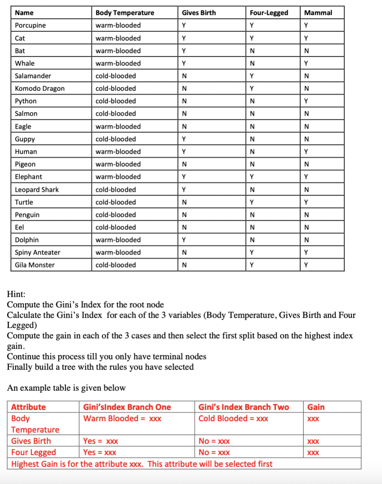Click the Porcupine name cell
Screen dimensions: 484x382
click(31, 25)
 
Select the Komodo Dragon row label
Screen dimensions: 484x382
click(40, 89)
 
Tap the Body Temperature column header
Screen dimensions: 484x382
click(125, 13)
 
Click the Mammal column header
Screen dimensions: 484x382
click(318, 13)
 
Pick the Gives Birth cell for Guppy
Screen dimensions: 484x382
click(184, 139)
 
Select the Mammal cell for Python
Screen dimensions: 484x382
click(306, 101)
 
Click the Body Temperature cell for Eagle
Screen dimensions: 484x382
click(118, 126)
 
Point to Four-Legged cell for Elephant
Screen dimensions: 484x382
click(251, 177)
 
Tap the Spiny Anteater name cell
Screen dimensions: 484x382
click(37, 252)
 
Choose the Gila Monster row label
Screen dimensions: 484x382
click(35, 265)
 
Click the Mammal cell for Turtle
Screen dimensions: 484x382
click(306, 202)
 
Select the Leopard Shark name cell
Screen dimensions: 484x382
click(37, 190)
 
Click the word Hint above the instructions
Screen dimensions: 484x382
click(16, 294)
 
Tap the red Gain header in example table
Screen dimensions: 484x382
click(316, 407)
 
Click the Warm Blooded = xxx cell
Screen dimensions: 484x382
click(122, 418)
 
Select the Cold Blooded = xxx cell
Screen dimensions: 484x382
click(233, 418)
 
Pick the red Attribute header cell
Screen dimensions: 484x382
click(28, 407)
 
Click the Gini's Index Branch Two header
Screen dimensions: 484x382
click(243, 407)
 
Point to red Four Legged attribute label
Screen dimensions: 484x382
click(34, 452)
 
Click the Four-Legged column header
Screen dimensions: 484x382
click(268, 13)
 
